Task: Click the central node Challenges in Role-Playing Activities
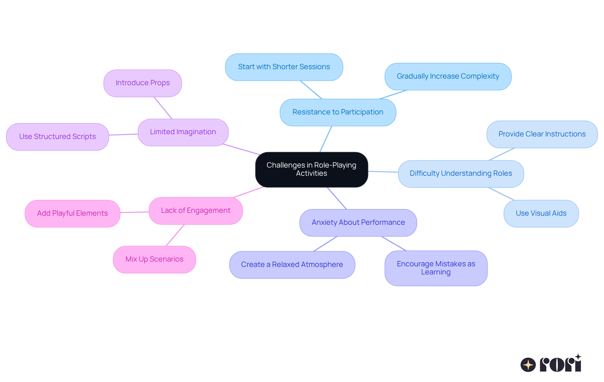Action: coord(311,169)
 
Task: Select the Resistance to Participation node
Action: coord(338,112)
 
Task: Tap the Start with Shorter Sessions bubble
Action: coord(284,67)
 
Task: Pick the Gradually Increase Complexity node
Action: coord(448,76)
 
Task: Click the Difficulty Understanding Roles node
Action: coord(461,174)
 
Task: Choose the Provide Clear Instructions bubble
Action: coord(542,134)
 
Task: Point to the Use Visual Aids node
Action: coord(541,213)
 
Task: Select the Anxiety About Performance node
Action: coord(358,223)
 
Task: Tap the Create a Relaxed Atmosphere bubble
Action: coord(292,265)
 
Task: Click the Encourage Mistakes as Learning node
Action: coord(436,268)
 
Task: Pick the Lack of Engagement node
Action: coord(195,211)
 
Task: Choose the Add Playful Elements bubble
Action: coord(72,213)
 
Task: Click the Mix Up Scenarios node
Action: coord(154,259)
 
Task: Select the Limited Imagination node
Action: coord(183,132)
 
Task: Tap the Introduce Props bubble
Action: coord(143,83)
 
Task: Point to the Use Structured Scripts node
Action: coord(57,137)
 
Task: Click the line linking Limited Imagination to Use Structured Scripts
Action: coord(123,135)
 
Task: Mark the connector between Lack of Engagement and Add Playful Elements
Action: coord(135,212)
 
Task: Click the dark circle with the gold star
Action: coord(528,365)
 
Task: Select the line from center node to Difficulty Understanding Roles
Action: coord(383,172)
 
